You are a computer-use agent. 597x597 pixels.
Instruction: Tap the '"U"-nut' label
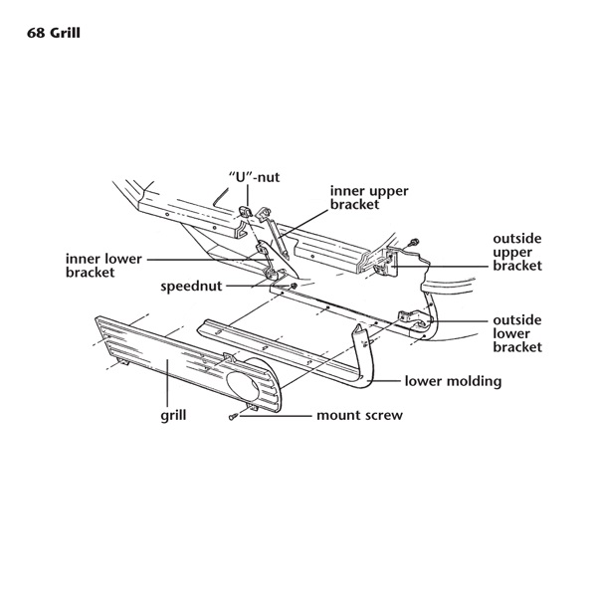click(x=255, y=177)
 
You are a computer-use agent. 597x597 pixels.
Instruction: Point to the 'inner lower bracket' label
click(x=102, y=265)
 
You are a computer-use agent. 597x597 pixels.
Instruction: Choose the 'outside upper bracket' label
click(x=517, y=253)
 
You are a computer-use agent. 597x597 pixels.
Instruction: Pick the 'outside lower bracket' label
click(x=517, y=333)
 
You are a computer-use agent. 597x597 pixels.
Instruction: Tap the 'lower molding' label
click(x=453, y=380)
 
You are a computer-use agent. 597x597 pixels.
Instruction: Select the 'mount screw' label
click(x=359, y=415)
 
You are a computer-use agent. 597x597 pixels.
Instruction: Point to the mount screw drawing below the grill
click(x=233, y=416)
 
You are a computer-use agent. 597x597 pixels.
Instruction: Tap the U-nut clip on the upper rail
click(x=245, y=211)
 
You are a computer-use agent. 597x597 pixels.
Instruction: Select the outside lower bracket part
click(x=421, y=320)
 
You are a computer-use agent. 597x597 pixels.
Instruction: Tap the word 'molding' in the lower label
click(x=474, y=380)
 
